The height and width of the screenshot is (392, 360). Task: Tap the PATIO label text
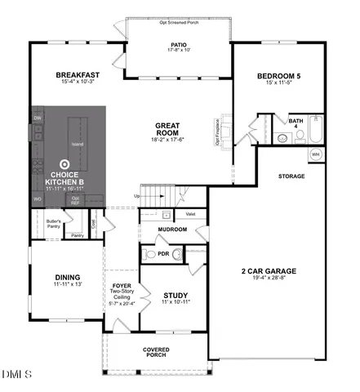coord(179,46)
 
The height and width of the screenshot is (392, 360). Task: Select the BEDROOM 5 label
coord(278,77)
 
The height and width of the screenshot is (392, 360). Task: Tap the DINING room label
coord(67,276)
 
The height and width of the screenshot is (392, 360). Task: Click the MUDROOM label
coord(172,229)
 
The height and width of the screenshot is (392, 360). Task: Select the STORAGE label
coord(291,176)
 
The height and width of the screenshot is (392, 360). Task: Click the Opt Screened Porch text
coord(180,22)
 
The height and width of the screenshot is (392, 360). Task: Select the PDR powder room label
coord(163,254)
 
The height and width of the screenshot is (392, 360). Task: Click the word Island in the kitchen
coord(77,145)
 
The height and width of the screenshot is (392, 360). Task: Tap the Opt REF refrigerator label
coord(75,198)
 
